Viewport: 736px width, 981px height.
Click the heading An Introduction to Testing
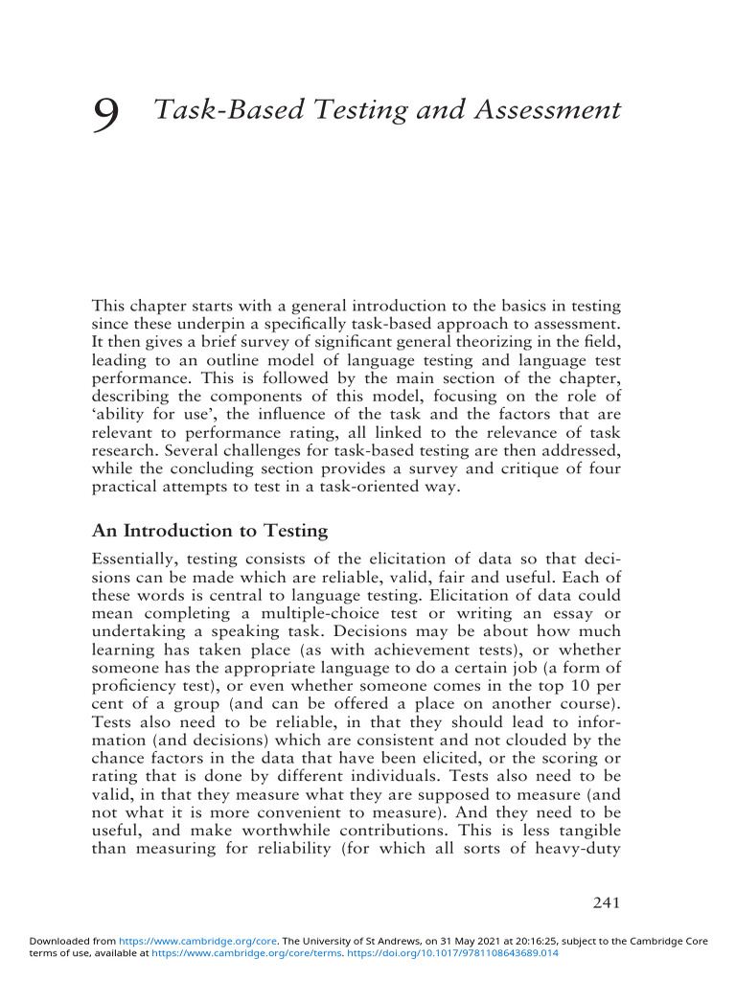click(209, 531)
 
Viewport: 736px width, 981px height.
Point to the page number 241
click(609, 901)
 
